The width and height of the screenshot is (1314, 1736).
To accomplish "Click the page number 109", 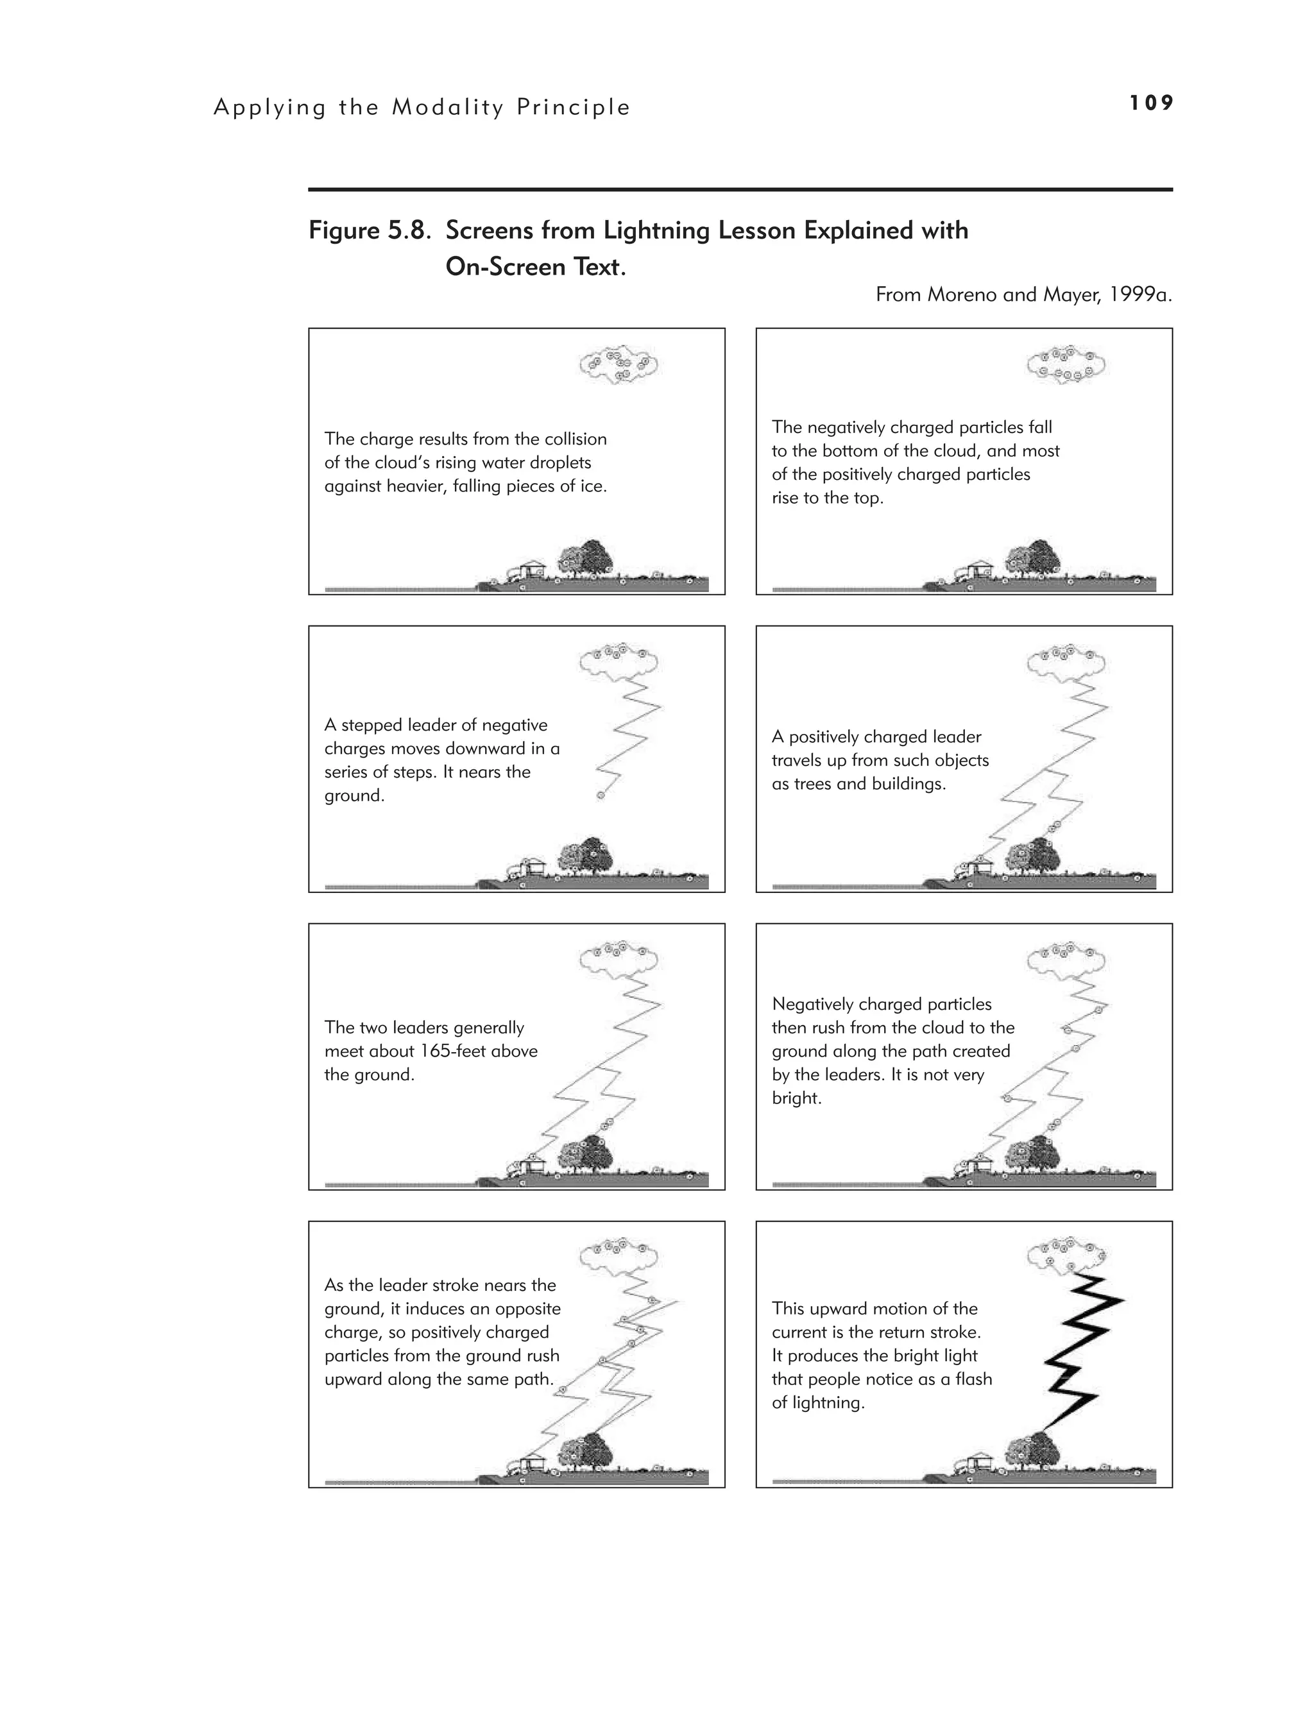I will coord(1151,103).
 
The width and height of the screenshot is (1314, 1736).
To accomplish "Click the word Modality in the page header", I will coord(447,108).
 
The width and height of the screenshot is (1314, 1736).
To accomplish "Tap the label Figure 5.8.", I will coord(369,231).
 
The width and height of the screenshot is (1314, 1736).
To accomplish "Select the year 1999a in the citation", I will coord(1141,295).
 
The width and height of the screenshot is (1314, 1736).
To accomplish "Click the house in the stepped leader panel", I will coord(534,865).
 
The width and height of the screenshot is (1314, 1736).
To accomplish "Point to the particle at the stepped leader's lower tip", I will coord(601,796).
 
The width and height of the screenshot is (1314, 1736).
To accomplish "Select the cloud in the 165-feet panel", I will coord(619,959).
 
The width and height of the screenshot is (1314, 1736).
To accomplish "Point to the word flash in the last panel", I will coord(973,1379).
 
